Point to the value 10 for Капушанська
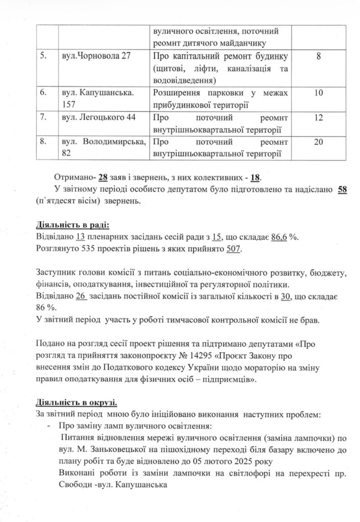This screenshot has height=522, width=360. (318, 93)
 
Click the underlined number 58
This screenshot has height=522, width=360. (335, 191)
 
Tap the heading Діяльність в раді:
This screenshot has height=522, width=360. (73, 225)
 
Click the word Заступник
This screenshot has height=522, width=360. (57, 273)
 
